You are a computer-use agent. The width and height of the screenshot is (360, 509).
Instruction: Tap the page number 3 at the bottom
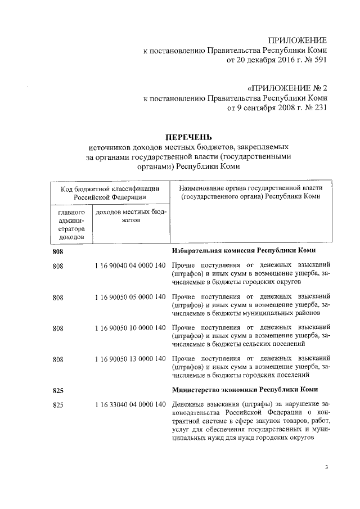point(326,467)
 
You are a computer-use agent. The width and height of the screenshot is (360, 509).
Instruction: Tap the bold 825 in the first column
point(58,390)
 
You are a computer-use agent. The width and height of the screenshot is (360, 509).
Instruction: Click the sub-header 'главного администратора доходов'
point(71,225)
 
